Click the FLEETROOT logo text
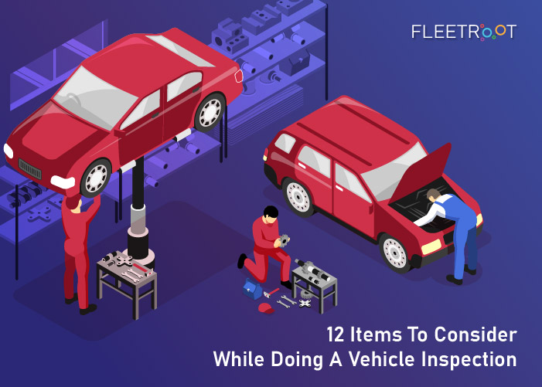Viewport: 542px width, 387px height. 464,32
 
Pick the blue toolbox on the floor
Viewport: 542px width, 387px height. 253,289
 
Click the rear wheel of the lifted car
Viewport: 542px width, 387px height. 208,113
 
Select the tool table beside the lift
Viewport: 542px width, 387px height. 127,277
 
